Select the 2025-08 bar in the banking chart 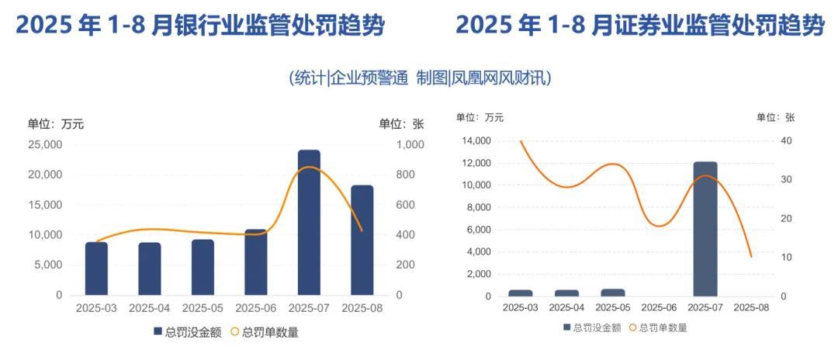(362, 241)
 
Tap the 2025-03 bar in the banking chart (96, 268)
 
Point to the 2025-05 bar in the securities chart (613, 292)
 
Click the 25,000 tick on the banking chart (46, 144)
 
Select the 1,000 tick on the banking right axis (410, 144)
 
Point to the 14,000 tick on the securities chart (476, 140)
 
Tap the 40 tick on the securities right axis (786, 140)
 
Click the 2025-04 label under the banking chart (149, 308)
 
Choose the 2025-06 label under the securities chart (659, 307)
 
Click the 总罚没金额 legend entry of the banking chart (187, 332)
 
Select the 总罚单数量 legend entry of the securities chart (657, 327)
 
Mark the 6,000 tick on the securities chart (478, 230)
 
